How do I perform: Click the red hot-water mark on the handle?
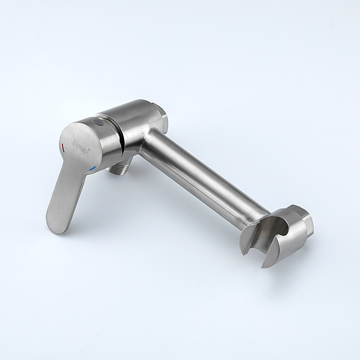63,147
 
